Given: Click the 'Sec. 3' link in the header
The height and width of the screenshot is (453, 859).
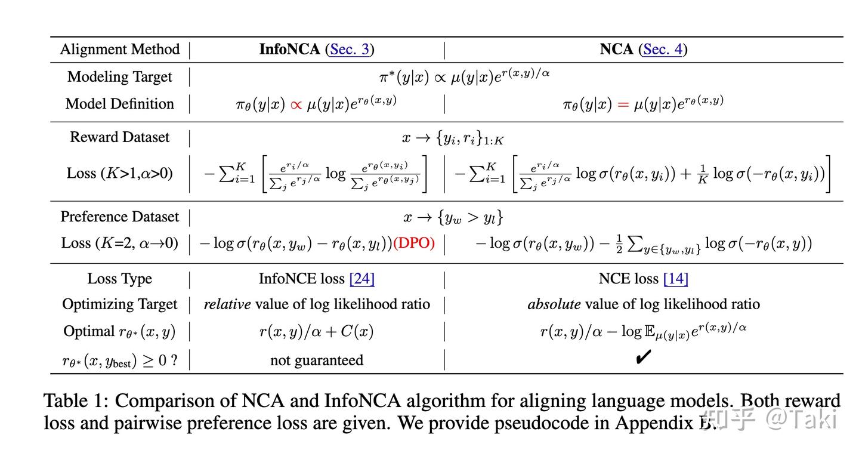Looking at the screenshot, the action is [x=350, y=49].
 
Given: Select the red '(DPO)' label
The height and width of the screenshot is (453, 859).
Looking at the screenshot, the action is [x=414, y=244].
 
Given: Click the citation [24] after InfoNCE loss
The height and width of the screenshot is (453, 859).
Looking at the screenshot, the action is [x=362, y=279].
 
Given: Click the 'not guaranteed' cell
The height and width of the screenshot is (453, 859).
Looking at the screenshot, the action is [x=316, y=360].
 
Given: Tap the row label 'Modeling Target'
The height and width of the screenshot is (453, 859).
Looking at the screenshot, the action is [x=119, y=77].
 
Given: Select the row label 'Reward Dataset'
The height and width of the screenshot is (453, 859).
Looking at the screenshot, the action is [x=119, y=137].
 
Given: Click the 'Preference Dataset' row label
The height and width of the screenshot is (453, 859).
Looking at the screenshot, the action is [x=119, y=217].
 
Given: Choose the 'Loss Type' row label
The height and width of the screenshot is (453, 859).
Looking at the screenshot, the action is [x=119, y=279].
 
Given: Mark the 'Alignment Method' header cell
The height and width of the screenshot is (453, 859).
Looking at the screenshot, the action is [x=119, y=49].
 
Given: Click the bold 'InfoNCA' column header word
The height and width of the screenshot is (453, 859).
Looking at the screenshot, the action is [x=289, y=49].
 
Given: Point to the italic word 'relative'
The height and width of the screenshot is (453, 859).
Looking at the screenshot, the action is [x=227, y=304].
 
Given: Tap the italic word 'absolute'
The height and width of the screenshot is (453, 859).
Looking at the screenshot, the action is [x=554, y=304].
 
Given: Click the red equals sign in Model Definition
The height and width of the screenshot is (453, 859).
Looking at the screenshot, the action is [x=623, y=104].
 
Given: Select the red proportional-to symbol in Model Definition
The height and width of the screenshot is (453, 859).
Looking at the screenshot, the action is [x=296, y=104].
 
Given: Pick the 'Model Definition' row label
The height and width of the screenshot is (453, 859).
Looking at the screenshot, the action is [x=119, y=104].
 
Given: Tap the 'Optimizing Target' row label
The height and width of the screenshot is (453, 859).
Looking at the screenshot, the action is [x=119, y=304].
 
